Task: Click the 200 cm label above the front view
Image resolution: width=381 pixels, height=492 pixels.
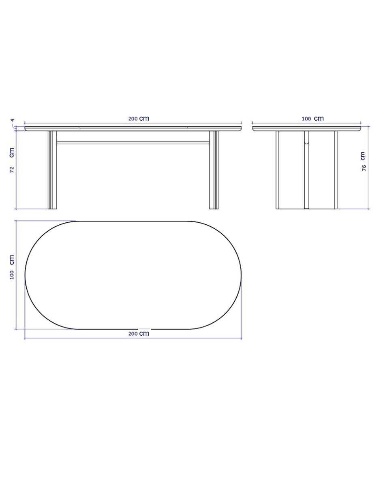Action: [139, 118]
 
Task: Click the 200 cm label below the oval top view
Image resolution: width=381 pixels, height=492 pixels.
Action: [139, 333]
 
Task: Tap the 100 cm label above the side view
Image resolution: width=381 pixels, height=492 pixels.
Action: [313, 118]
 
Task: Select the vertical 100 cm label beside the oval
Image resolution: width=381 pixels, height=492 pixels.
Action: [12, 267]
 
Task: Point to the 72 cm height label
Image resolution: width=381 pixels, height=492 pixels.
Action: [12, 160]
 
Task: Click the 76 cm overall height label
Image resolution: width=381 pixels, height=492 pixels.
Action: [363, 161]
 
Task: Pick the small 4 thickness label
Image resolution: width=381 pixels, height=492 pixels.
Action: [13, 120]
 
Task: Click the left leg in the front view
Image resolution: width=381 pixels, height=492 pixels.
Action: [52, 170]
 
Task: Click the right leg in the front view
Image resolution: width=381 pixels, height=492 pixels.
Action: [214, 170]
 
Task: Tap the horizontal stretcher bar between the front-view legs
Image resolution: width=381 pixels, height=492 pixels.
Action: [133, 143]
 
